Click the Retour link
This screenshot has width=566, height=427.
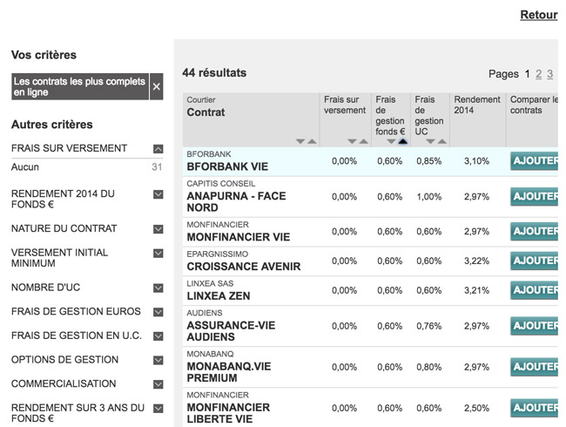coord(538,15)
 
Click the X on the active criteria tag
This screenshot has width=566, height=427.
coord(157,86)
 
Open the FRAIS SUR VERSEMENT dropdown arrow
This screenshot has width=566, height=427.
coord(158,149)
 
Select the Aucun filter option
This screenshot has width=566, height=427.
coord(25,167)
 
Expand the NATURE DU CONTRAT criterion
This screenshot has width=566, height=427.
coord(158,229)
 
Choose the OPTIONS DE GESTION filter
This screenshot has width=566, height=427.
coord(64,360)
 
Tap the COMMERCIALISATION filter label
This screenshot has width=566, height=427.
coord(64,383)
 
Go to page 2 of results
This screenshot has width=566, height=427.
coord(539,74)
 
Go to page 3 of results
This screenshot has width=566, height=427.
coord(550,74)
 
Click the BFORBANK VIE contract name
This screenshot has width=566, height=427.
coord(227,166)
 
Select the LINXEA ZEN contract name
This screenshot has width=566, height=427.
coord(219,296)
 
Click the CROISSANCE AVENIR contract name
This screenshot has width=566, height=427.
coord(243,267)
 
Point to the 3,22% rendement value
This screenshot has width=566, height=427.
coord(476,261)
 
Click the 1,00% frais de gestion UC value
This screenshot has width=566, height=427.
coord(428,196)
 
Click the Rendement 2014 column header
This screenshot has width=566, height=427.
coord(477,105)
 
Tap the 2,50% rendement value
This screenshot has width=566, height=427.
coord(476,408)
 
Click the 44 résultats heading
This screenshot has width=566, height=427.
coord(214,73)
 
